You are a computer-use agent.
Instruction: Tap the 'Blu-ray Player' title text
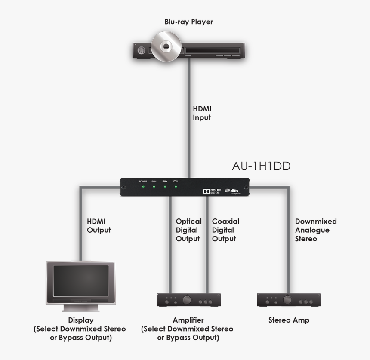point(188,22)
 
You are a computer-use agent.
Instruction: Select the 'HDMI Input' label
point(202,113)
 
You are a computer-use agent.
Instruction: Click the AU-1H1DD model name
point(261,166)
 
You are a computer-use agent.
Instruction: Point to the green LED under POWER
point(143,187)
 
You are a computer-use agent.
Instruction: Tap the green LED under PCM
point(154,187)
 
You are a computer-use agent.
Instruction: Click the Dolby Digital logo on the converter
point(212,191)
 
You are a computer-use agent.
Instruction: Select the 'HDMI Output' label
point(99,226)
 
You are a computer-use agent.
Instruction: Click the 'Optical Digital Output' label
point(188,230)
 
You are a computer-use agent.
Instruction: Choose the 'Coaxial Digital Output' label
point(225,230)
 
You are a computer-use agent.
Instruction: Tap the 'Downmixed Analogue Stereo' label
point(315,230)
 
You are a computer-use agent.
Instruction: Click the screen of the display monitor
point(80,280)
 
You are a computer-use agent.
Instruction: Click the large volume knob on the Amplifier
point(188,300)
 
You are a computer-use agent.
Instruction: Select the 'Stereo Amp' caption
point(289,320)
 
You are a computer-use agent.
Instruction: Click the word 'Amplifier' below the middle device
point(188,320)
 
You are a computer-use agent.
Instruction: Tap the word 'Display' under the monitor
point(80,320)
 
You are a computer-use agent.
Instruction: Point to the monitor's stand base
point(80,308)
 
